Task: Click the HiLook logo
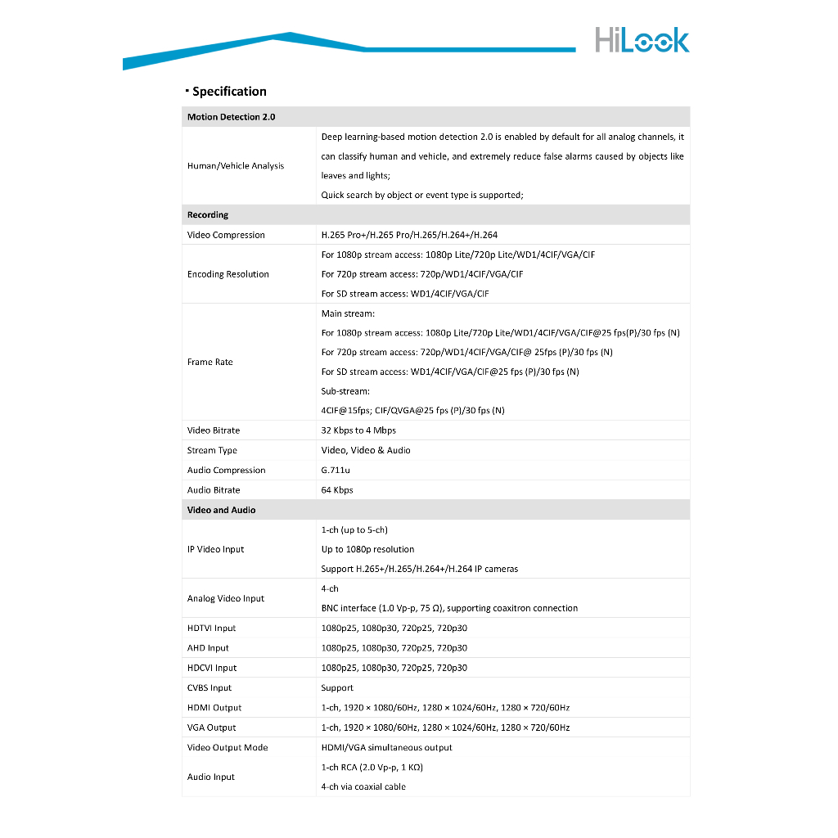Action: pos(642,40)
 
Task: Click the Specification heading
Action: pos(229,92)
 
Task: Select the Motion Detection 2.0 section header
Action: pos(232,117)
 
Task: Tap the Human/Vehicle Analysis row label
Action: pos(236,166)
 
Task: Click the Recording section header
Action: pos(208,215)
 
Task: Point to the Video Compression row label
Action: pos(226,235)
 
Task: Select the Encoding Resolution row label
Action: pos(228,274)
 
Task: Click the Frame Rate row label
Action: pos(210,362)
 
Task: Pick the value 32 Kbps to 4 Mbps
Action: pos(358,430)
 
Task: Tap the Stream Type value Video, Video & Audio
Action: pos(366,450)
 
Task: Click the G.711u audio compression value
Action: pos(336,471)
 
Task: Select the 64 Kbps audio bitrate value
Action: pos(337,490)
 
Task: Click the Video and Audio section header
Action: pos(222,510)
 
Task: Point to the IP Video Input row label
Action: pos(216,549)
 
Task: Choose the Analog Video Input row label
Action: pos(226,598)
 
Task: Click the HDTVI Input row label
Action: pos(212,628)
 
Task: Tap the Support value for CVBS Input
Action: pos(337,688)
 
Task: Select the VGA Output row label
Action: pos(212,728)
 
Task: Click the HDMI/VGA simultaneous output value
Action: pos(386,747)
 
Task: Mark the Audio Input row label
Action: pos(211,777)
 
